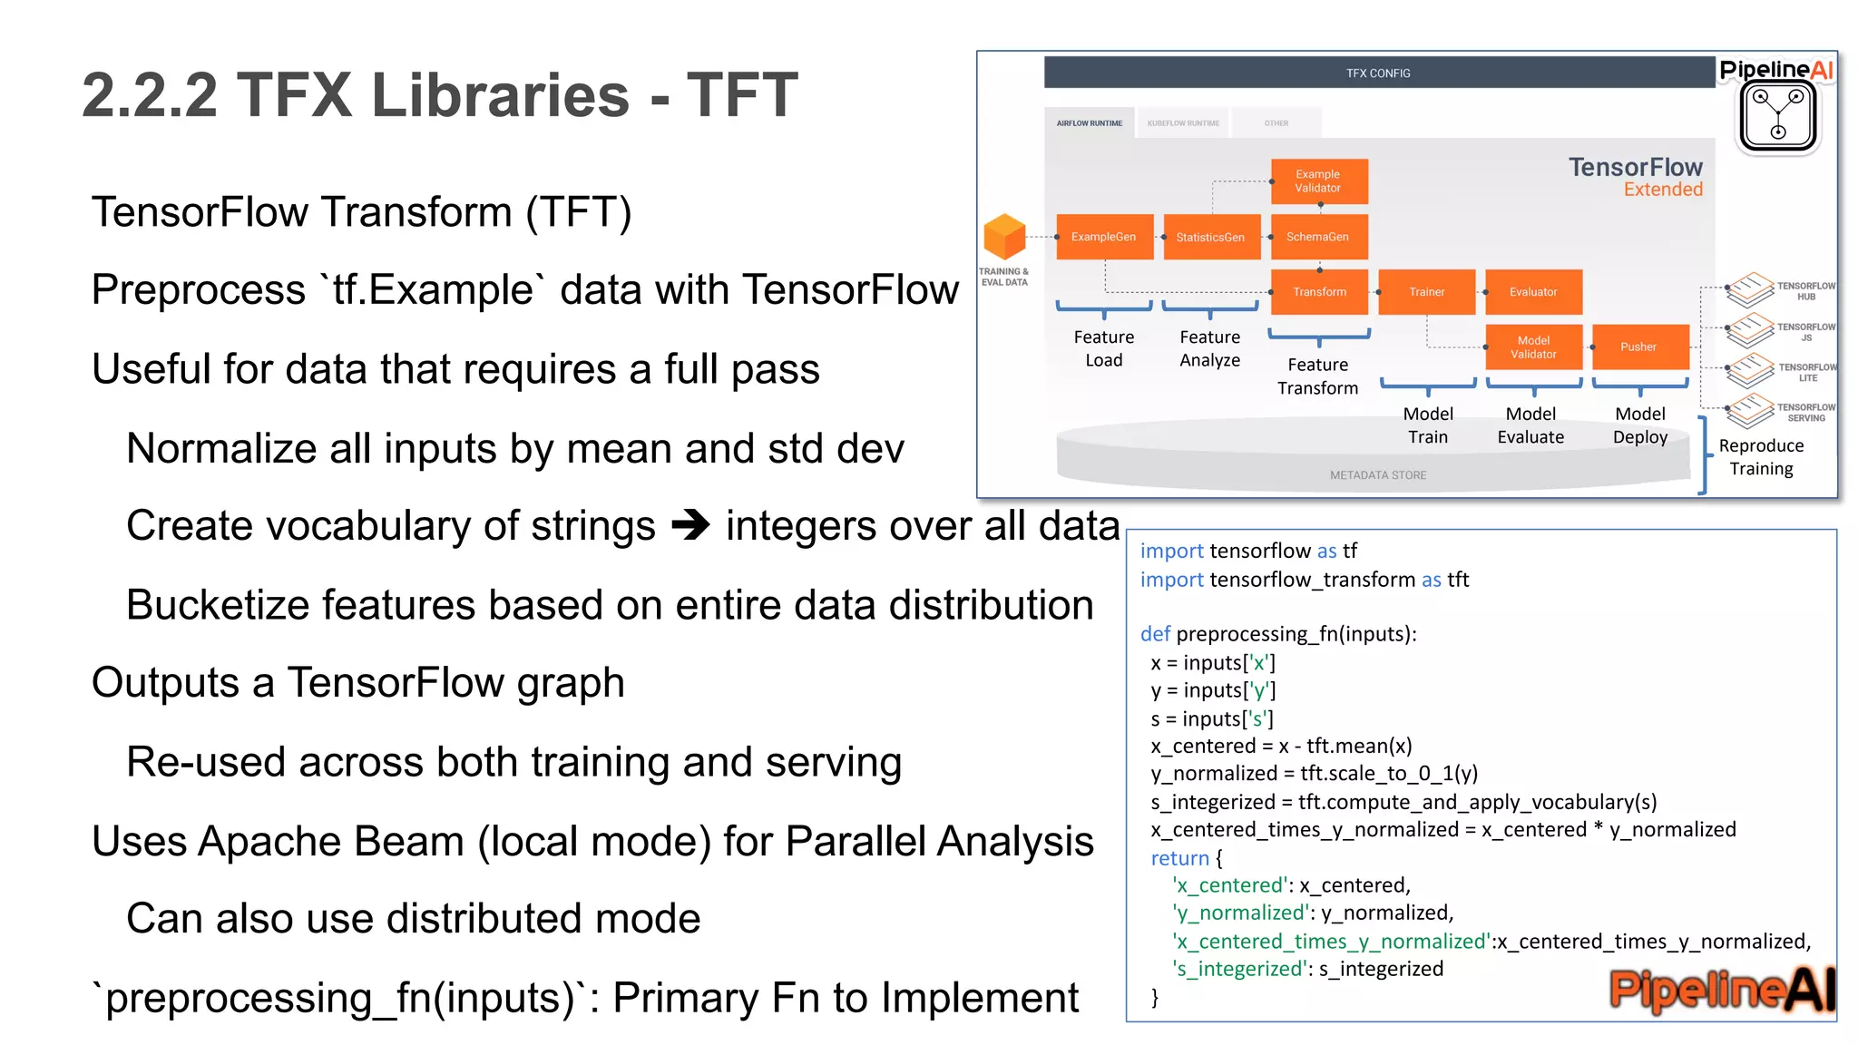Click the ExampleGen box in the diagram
coord(1104,237)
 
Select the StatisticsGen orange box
coord(1211,237)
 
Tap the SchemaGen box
coord(1318,237)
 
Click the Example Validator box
coord(1318,181)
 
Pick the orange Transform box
coord(1319,292)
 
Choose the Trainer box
coord(1426,292)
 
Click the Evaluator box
coord(1533,292)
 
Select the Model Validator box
coord(1533,347)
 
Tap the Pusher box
coord(1639,347)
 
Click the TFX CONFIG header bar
coord(1377,73)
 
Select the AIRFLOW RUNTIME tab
coord(1089,123)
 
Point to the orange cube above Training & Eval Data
coord(1004,237)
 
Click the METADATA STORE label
coord(1377,475)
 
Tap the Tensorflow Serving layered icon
coord(1749,411)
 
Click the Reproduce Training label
coord(1761,457)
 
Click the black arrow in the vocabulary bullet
coord(690,525)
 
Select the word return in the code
coord(1179,858)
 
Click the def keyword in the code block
coord(1155,634)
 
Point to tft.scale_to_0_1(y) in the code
coord(1389,774)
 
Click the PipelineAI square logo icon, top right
coord(1778,116)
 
